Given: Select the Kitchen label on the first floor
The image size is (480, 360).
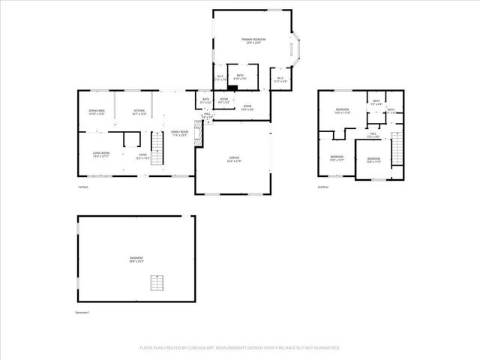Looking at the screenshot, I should (x=139, y=112).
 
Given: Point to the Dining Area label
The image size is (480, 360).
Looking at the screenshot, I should (x=96, y=112).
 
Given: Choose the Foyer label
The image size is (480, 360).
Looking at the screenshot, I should (x=142, y=156).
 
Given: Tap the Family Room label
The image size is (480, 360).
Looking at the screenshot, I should (x=180, y=133).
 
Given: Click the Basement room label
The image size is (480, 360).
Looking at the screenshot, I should (x=136, y=259).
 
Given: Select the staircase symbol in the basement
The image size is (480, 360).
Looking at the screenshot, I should (x=157, y=283).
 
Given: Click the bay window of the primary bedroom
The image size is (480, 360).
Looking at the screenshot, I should (x=297, y=50).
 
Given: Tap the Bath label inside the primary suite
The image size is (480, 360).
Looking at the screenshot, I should (x=240, y=76).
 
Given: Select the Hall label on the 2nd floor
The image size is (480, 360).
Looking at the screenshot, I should (x=373, y=136).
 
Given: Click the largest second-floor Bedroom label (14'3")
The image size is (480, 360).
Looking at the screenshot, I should (x=343, y=111).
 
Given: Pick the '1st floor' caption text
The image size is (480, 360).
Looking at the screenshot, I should (x=83, y=187).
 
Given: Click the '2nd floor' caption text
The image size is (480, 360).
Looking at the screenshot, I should (x=322, y=186).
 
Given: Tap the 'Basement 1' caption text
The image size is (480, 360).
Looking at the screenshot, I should (x=82, y=312).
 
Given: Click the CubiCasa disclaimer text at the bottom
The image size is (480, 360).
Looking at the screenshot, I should (x=240, y=348).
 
